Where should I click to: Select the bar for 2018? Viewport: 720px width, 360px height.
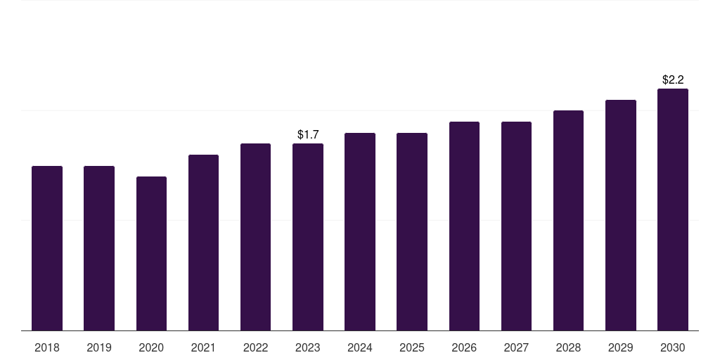(x=47, y=248)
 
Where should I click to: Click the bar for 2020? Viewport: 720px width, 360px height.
(x=152, y=253)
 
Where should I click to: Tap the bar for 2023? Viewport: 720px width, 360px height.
(x=308, y=237)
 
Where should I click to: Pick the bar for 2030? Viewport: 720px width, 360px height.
(x=673, y=210)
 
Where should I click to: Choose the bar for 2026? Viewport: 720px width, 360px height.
(x=464, y=226)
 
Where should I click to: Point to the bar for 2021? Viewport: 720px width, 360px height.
(x=203, y=243)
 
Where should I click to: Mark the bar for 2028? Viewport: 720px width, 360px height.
(x=568, y=221)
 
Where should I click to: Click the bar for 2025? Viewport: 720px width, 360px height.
(x=412, y=232)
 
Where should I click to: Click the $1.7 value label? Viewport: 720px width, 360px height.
(x=308, y=134)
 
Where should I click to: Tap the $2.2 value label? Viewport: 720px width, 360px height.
(x=673, y=80)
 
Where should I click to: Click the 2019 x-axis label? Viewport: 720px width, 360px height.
(x=99, y=347)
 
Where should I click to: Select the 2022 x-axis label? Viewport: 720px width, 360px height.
(x=255, y=347)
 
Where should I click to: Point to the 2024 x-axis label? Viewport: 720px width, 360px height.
(x=360, y=347)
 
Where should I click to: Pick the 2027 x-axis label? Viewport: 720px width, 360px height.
(x=516, y=347)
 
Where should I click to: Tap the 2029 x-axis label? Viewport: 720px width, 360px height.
(x=620, y=347)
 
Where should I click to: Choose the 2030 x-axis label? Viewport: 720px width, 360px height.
(x=673, y=347)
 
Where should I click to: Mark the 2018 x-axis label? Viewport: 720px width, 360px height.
(x=47, y=347)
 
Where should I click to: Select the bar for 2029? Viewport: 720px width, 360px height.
(x=621, y=215)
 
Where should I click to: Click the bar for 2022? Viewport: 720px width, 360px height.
(x=255, y=237)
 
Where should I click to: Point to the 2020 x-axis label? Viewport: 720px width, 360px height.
(x=151, y=347)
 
